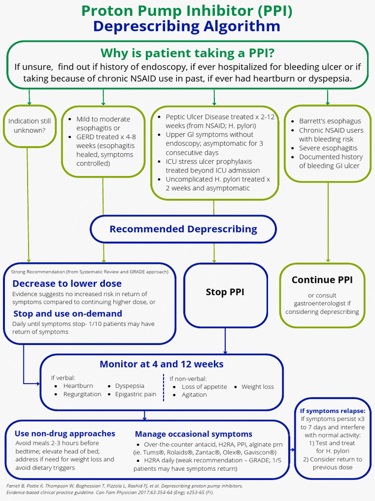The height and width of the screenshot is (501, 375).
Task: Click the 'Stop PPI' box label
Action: click(x=225, y=292)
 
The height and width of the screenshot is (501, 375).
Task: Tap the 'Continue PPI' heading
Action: click(x=322, y=280)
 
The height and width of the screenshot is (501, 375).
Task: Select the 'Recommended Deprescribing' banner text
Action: click(x=183, y=229)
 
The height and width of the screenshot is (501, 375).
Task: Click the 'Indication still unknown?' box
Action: click(x=29, y=126)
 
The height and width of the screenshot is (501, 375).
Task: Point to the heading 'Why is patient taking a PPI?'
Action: click(x=187, y=52)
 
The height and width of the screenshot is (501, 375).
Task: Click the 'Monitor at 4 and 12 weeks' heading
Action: click(x=162, y=364)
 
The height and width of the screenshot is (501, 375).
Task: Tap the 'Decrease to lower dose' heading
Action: click(x=67, y=284)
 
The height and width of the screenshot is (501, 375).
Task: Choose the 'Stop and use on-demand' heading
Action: click(x=67, y=314)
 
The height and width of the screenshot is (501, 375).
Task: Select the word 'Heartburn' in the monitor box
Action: click(x=78, y=386)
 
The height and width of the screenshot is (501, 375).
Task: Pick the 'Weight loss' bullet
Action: click(x=257, y=387)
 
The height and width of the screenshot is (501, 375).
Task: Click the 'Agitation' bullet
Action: click(x=194, y=395)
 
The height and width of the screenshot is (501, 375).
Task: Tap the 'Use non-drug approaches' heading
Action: click(x=65, y=433)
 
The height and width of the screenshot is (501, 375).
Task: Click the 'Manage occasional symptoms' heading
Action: click(x=193, y=434)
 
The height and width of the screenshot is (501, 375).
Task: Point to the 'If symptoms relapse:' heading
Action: click(x=333, y=411)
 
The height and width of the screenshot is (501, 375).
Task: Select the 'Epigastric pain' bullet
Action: click(x=136, y=394)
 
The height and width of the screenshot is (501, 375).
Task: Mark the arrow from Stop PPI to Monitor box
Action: click(x=225, y=341)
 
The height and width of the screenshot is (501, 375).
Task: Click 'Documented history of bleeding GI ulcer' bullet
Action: click(x=331, y=161)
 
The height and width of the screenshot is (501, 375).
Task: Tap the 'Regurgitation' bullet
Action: click(x=82, y=394)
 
